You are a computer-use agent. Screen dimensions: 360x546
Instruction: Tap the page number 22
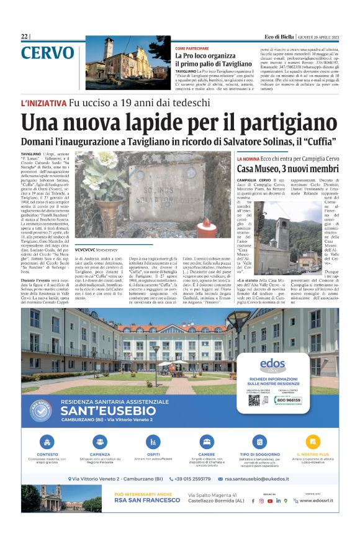(24, 37)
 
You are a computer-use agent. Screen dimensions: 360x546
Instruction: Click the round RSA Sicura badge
(42, 411)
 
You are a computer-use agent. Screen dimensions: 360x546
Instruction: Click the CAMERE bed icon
(207, 442)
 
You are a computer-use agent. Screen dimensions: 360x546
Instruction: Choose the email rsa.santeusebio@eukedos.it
(261, 479)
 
